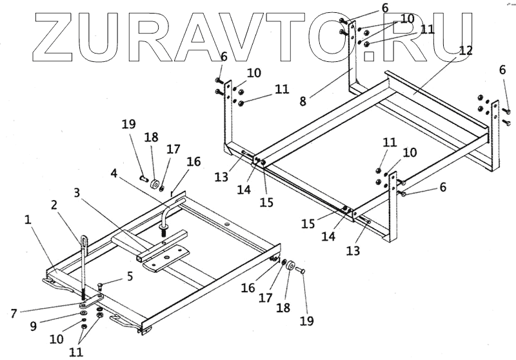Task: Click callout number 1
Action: click(28, 219)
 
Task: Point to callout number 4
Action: click(114, 173)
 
